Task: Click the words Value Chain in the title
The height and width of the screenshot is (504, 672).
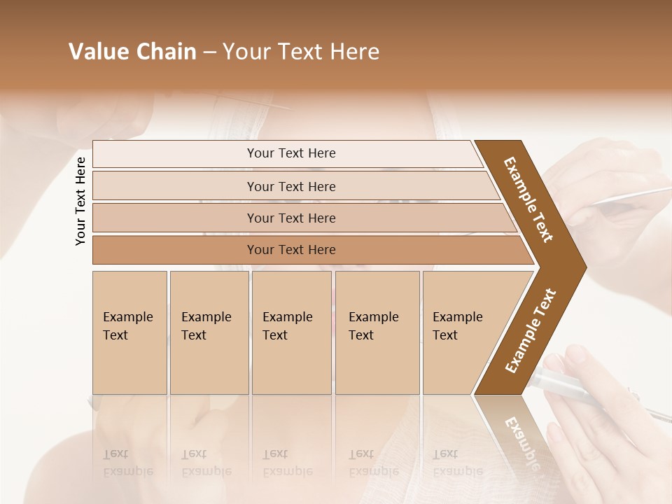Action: (x=132, y=52)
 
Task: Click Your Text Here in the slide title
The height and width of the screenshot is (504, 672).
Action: (x=301, y=52)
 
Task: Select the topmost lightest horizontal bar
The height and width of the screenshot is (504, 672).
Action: (x=290, y=153)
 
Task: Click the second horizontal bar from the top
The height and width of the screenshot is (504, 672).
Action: (x=290, y=186)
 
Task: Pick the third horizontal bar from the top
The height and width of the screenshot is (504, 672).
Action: (x=290, y=218)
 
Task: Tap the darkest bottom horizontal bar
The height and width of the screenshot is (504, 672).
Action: (x=290, y=250)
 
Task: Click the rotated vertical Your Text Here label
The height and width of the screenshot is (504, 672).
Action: (x=80, y=201)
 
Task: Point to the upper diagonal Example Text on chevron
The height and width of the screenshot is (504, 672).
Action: (x=528, y=199)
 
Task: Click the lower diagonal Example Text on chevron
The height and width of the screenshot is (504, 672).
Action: (x=531, y=330)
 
